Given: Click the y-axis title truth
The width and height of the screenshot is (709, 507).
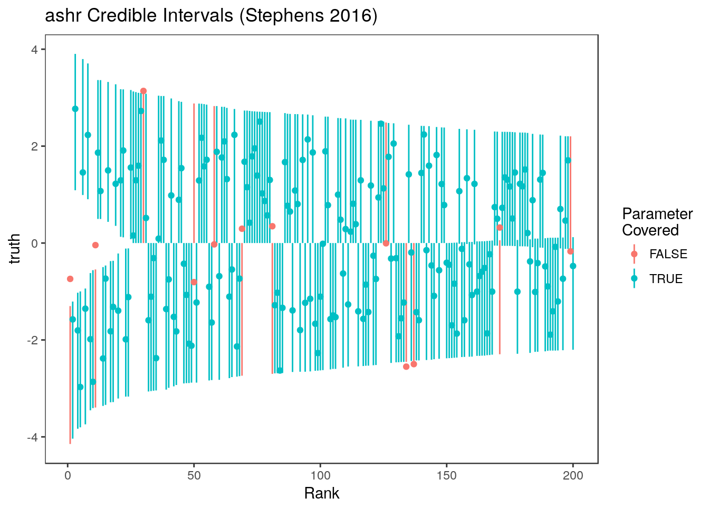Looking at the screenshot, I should click(x=16, y=249).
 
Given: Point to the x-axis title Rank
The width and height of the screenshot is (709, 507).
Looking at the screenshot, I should click(x=322, y=493).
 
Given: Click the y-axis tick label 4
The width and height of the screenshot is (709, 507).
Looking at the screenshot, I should click(x=34, y=50).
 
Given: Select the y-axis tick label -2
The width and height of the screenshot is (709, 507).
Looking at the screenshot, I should click(x=32, y=340).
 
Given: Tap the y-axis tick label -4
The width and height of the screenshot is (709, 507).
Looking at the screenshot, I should click(x=32, y=437).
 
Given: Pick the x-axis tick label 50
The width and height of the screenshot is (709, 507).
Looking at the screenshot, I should click(x=194, y=476).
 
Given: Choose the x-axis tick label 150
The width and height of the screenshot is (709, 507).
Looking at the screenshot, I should click(x=447, y=476).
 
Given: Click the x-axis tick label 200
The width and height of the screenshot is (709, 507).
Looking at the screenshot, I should click(x=573, y=476).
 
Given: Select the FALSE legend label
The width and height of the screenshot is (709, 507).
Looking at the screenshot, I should click(x=668, y=254).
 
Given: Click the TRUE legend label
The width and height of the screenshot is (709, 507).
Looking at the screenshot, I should click(x=666, y=279).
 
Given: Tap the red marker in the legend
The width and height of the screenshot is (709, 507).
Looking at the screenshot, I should click(x=634, y=254).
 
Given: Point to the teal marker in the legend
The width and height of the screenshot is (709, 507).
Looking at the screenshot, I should click(x=634, y=279).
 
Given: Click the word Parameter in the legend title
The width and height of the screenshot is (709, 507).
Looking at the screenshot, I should click(x=657, y=214).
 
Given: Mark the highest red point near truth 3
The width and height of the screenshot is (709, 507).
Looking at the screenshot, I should click(x=143, y=91).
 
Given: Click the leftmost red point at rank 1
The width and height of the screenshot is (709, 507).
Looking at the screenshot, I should click(x=70, y=279).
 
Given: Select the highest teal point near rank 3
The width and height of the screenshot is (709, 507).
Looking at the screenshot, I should click(x=75, y=109).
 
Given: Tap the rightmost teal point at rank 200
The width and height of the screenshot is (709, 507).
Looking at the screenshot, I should click(x=573, y=266).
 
